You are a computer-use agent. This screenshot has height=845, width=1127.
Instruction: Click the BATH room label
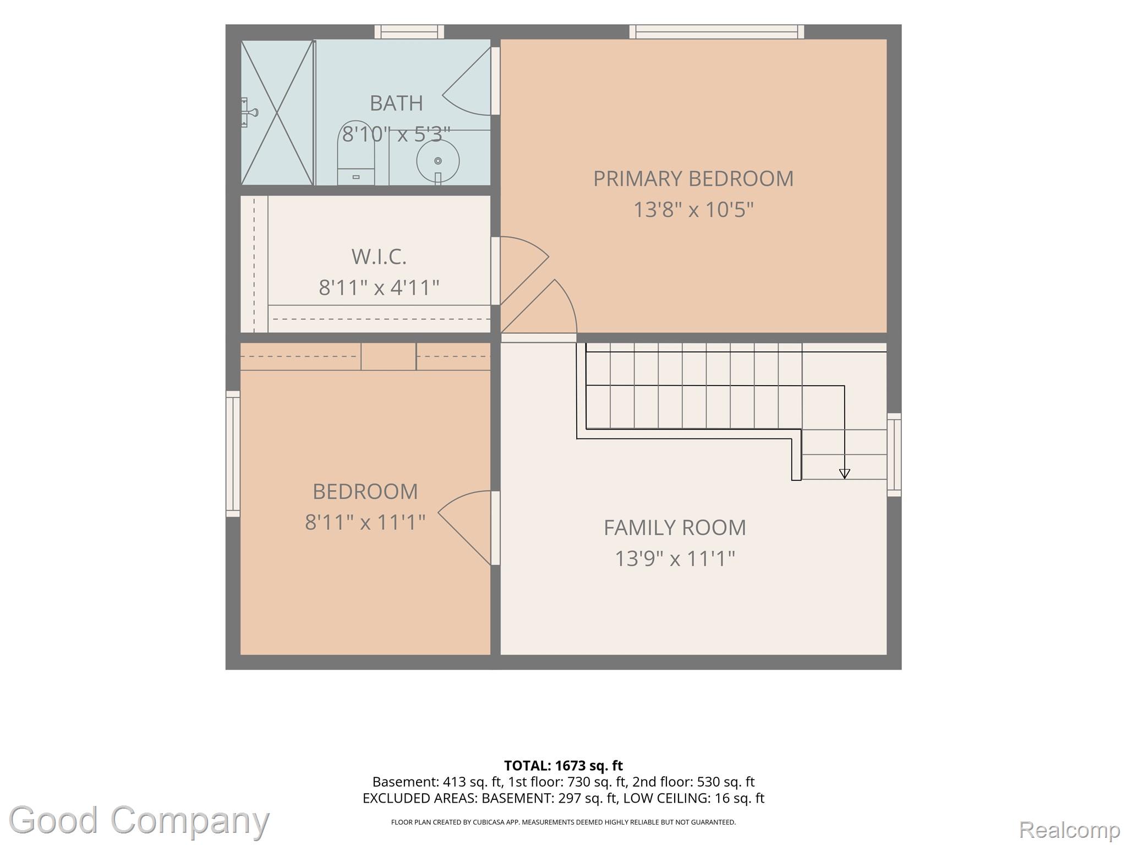tap(396, 103)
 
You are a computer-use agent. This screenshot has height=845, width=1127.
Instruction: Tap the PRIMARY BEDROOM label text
tap(693, 178)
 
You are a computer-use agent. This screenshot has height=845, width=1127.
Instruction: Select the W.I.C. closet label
tap(379, 256)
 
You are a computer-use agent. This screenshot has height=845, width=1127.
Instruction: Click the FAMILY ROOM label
tap(675, 528)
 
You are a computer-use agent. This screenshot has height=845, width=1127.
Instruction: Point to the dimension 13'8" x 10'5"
tap(693, 210)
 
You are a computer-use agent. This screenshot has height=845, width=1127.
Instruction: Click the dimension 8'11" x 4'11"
tap(379, 287)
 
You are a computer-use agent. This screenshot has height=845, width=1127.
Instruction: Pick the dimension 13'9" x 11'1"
tap(675, 559)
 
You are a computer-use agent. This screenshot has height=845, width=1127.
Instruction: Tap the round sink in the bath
tap(438, 161)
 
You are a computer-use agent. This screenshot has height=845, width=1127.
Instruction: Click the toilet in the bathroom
tap(356, 153)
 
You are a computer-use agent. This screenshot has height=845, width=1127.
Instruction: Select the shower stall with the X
tap(277, 112)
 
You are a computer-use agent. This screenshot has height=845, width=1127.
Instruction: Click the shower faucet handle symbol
tap(249, 113)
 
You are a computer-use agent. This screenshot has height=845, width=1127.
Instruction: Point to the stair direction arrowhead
tap(845, 474)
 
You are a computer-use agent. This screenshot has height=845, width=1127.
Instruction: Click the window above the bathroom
tap(409, 32)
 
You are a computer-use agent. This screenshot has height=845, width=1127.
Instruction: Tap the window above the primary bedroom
tap(716, 32)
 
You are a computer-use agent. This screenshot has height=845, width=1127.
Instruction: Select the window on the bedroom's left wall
tap(233, 454)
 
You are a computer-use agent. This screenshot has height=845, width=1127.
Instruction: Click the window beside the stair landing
tap(894, 455)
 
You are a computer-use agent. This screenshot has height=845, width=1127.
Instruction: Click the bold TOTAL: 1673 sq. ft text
tap(563, 766)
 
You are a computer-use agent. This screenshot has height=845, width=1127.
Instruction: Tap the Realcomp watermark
tap(1069, 830)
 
